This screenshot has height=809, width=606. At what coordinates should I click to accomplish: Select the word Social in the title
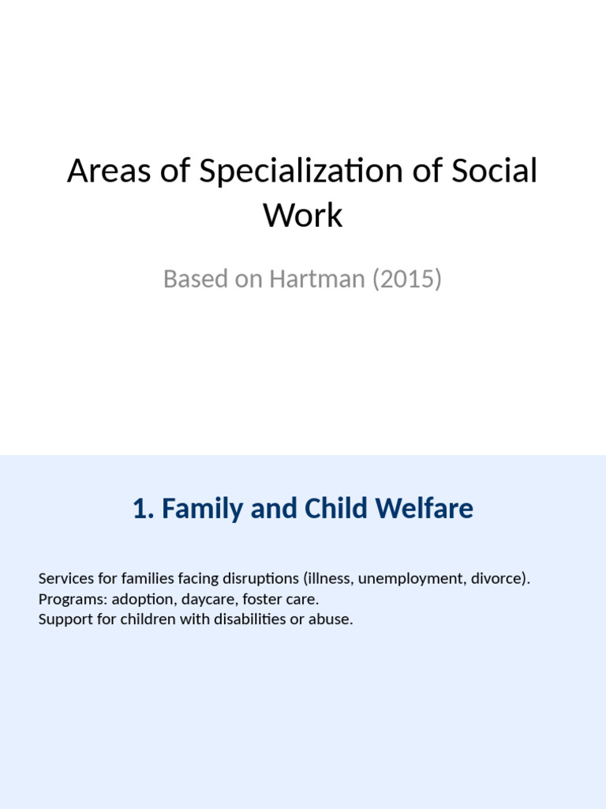coord(495,171)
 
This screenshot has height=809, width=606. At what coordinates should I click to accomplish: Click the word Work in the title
coord(303,215)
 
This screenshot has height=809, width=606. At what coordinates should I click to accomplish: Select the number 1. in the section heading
coord(144,509)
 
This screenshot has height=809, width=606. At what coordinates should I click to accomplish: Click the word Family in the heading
coord(203,509)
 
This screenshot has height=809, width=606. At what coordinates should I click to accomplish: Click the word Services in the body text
coord(64,578)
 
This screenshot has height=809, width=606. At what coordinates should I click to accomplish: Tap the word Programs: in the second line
coord(69,599)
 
